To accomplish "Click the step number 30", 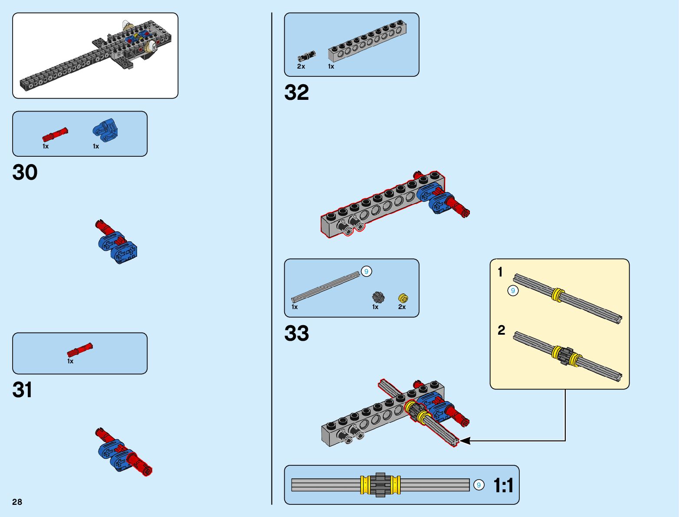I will click(25, 172).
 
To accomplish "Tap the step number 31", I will click(23, 390).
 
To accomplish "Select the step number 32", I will click(296, 92).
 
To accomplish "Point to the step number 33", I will click(296, 333).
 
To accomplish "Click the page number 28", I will click(17, 502).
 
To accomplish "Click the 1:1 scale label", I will click(503, 485).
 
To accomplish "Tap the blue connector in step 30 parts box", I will click(105, 131).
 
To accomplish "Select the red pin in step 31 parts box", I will click(80, 350).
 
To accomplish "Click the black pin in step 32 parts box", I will click(306, 56).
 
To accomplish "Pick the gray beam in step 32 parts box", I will click(367, 42).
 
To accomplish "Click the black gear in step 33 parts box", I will click(378, 297).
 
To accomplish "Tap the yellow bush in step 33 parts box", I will click(403, 298).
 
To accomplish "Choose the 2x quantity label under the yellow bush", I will click(402, 307).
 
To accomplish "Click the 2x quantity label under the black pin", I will click(301, 66).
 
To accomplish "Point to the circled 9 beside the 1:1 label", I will click(479, 485).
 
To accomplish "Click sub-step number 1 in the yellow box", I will click(500, 272).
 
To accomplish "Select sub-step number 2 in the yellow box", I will click(501, 330).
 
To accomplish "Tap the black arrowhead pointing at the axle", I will click(464, 441).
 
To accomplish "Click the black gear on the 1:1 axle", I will click(381, 485).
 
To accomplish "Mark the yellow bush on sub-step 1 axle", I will click(558, 295).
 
